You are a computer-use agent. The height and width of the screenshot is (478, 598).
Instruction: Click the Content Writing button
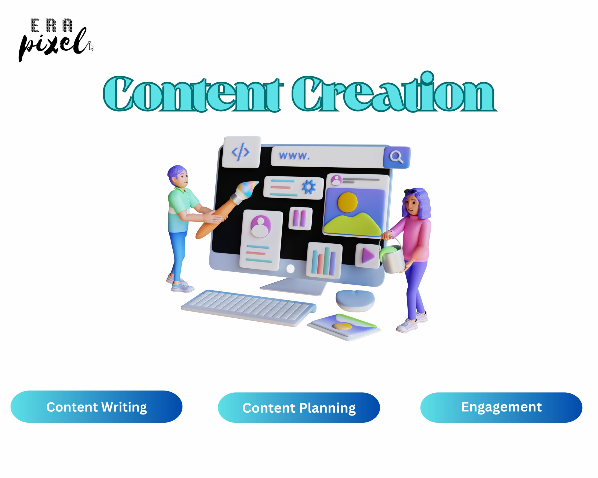point(96,407)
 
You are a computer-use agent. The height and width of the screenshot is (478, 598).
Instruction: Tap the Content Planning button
point(299,408)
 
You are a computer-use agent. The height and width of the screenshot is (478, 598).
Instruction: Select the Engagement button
point(501,407)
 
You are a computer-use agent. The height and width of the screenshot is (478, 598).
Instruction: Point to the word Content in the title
point(193,94)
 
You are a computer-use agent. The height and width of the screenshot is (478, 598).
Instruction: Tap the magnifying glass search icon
point(397,157)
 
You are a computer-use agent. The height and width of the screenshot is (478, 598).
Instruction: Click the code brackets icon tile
point(242,152)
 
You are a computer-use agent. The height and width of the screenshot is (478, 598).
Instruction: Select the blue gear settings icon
point(309,187)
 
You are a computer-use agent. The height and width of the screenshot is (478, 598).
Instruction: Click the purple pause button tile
point(300,218)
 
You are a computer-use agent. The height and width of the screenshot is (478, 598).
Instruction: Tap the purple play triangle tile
point(367,256)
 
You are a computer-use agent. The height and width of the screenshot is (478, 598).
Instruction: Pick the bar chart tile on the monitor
point(324,260)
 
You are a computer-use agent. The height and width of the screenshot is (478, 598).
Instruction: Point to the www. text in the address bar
point(294,156)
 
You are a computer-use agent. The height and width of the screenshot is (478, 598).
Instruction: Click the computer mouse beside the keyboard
point(355,301)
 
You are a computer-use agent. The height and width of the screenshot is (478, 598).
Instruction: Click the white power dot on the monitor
point(290,268)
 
